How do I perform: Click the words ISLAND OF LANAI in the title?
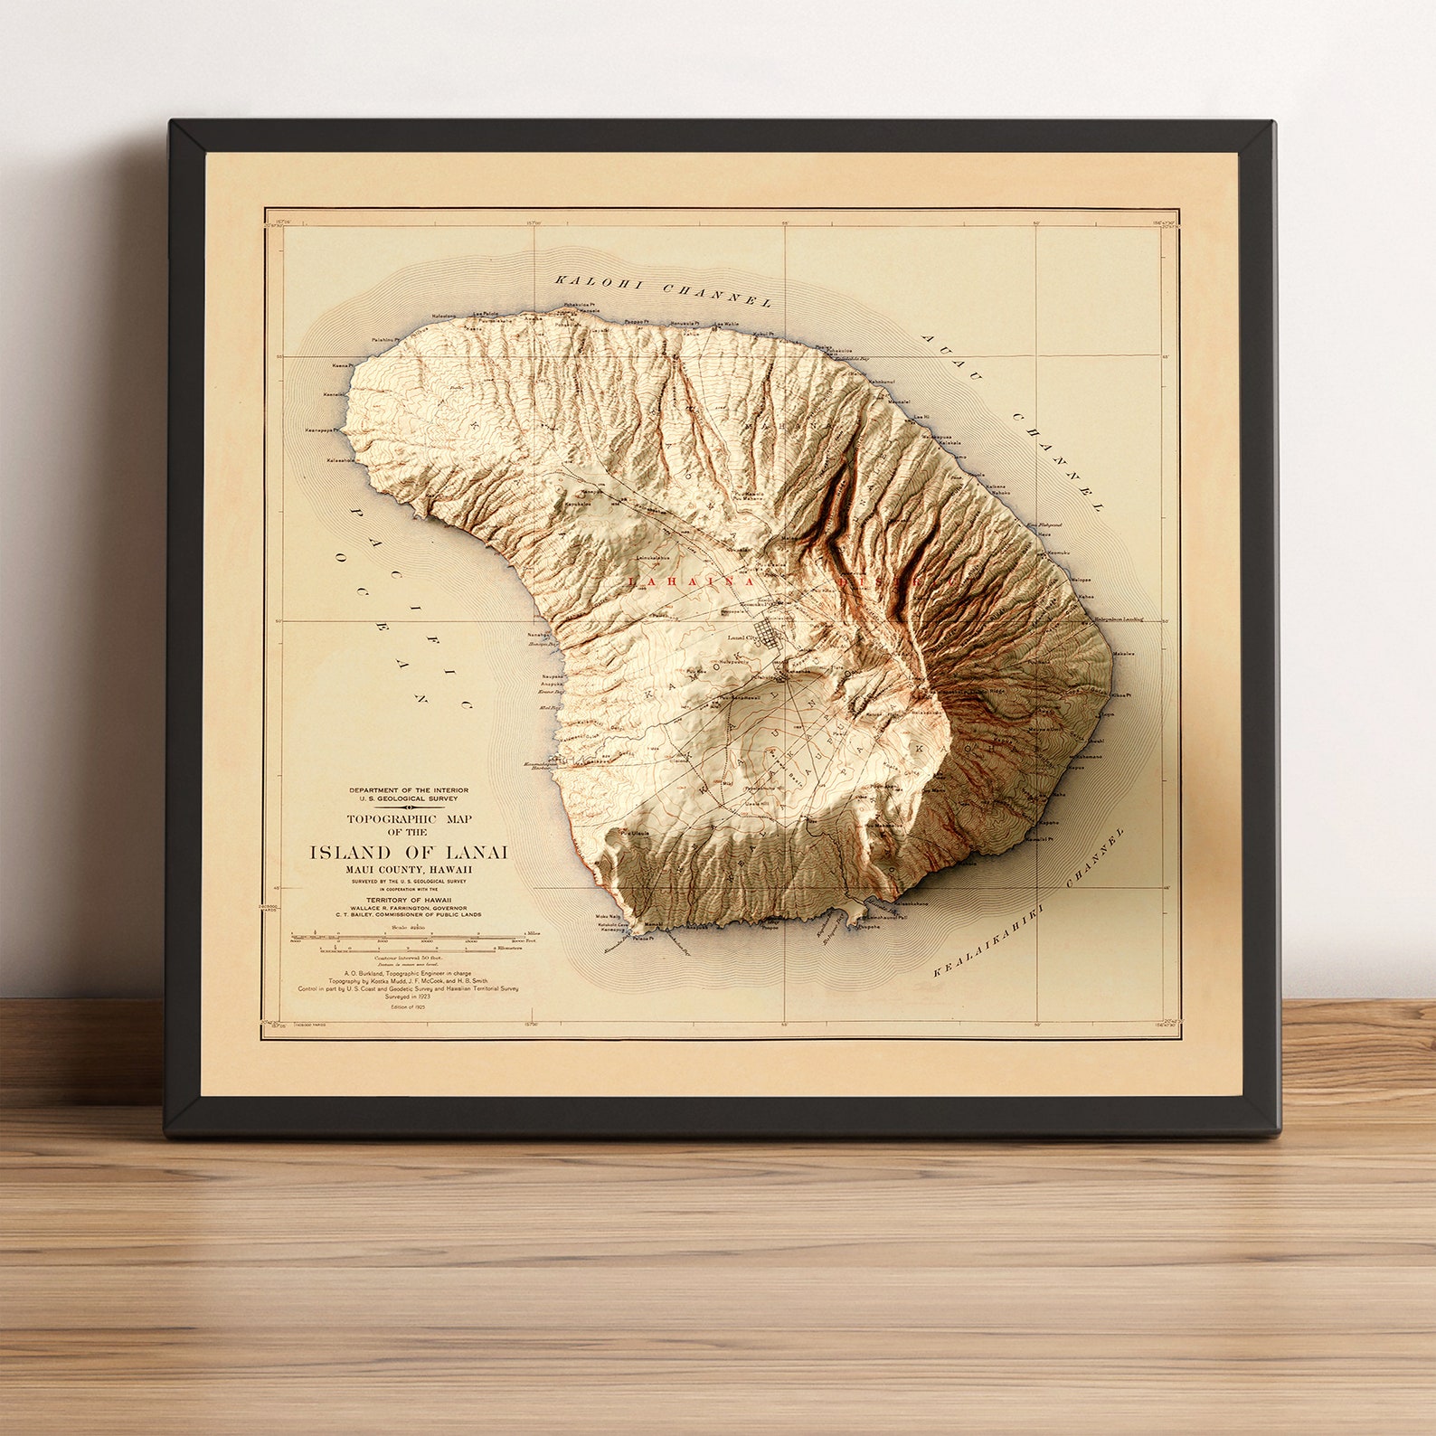(409, 853)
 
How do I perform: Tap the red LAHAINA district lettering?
(696, 582)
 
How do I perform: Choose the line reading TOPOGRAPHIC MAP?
(409, 819)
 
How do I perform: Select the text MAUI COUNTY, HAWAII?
(409, 869)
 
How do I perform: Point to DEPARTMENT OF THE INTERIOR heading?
(409, 790)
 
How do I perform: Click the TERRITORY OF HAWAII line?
(409, 900)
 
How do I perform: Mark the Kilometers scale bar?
(407, 949)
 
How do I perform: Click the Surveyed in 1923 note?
(409, 997)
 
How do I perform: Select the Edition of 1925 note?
(409, 1006)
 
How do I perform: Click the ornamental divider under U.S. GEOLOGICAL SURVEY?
(409, 808)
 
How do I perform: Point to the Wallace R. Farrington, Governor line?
(409, 907)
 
